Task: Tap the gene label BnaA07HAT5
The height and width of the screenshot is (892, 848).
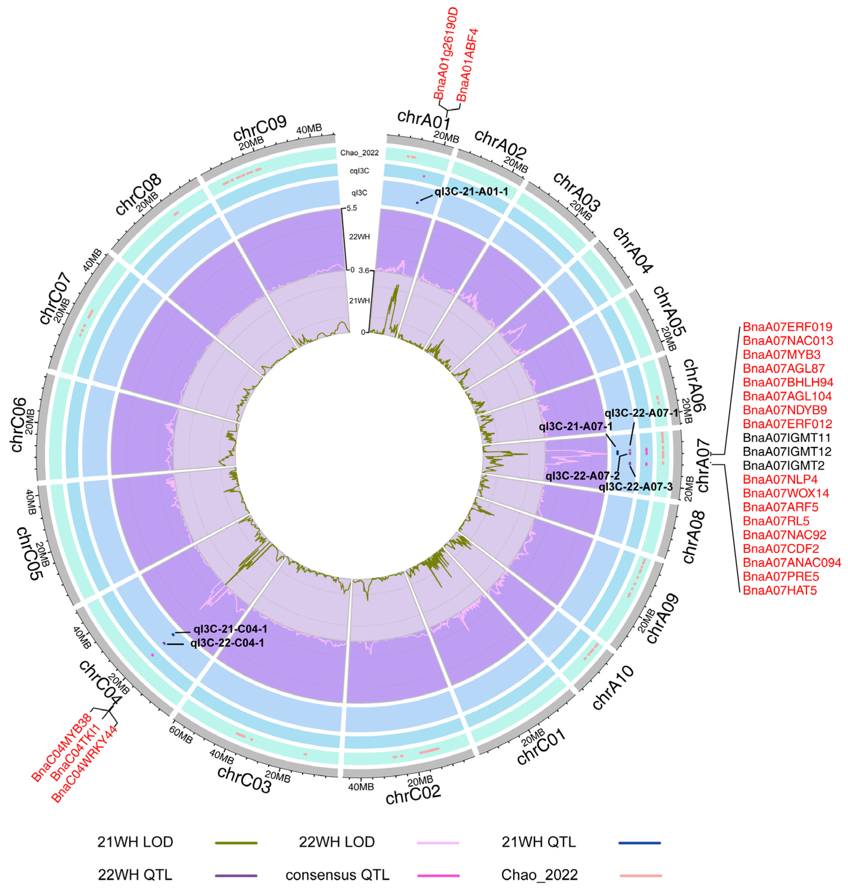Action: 780,590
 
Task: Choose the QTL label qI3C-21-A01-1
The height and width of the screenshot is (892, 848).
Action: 471,192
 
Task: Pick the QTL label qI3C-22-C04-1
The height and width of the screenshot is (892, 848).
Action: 227,643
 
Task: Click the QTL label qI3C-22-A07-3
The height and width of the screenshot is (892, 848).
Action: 635,487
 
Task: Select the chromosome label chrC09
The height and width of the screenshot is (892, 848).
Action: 260,128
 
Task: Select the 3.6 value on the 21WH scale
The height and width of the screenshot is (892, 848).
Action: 364,271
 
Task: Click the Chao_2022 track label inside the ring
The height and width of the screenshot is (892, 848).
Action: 359,153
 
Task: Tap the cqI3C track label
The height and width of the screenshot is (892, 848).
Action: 360,171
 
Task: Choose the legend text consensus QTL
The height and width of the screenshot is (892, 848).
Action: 337,875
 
